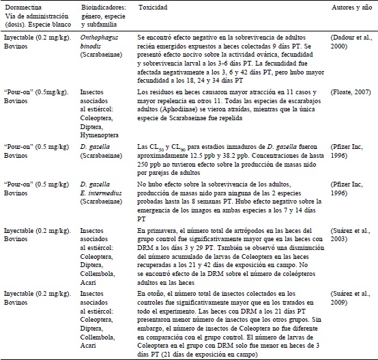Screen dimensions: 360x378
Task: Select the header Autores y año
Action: click(337, 5)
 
